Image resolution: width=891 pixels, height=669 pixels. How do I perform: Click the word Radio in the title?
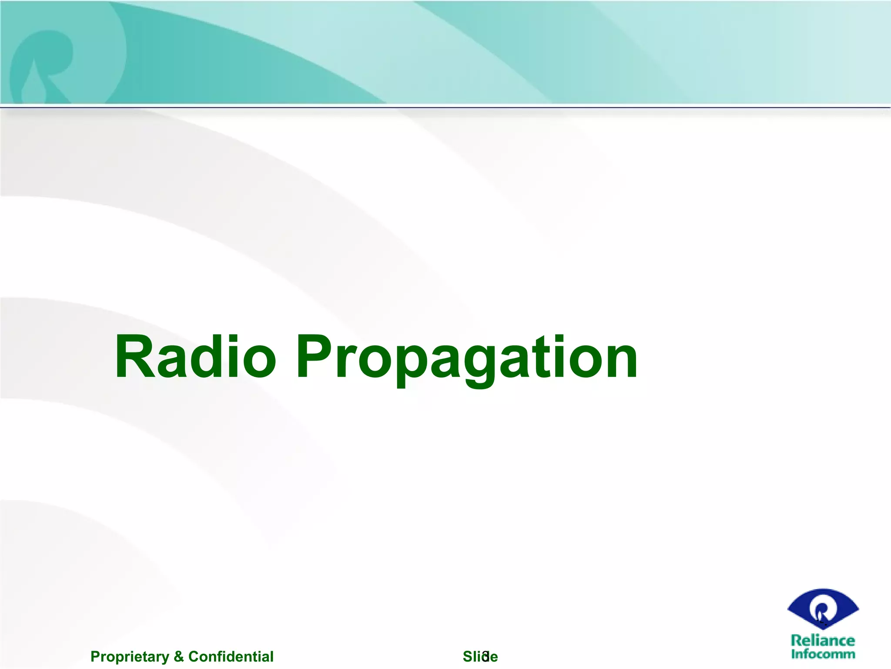click(x=195, y=357)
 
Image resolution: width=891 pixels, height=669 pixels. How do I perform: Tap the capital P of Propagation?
click(x=315, y=357)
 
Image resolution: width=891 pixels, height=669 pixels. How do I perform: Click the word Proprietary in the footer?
click(x=130, y=657)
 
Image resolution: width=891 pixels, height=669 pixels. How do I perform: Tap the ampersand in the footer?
click(x=178, y=656)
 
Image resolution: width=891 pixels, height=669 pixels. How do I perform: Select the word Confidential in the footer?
click(x=231, y=656)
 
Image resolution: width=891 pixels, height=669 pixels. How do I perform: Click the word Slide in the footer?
click(x=480, y=656)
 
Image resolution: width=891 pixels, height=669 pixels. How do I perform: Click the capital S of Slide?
click(x=468, y=656)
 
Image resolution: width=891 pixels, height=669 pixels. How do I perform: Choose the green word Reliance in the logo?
click(x=823, y=641)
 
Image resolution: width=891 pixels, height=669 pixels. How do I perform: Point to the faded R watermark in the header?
click(x=44, y=65)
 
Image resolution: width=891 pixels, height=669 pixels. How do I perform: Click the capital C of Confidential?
click(x=193, y=656)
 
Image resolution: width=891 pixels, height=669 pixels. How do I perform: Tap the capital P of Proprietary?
click(x=94, y=656)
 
